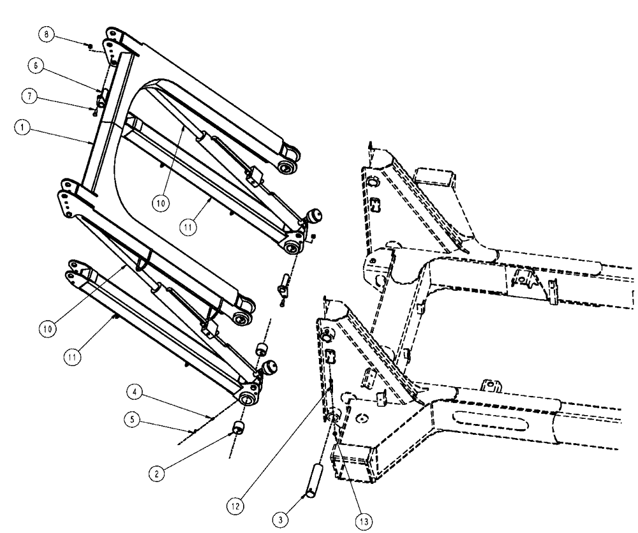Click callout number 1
pyautogui.click(x=22, y=128)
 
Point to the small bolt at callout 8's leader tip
pyautogui.click(x=90, y=46)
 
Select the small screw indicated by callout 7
pyautogui.click(x=94, y=113)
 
